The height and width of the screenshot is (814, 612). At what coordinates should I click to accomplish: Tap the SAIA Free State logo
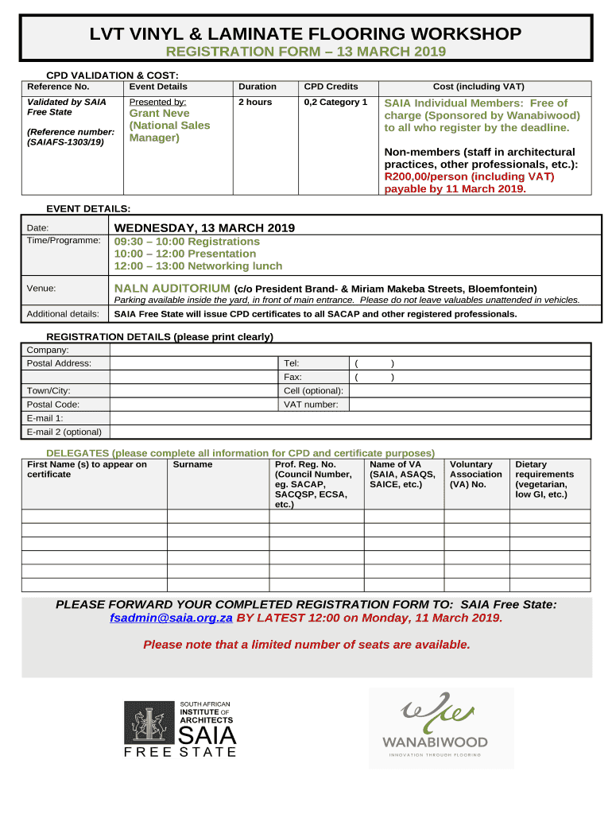(x=180, y=728)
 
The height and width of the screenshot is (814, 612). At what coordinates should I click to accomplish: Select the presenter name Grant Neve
(x=160, y=114)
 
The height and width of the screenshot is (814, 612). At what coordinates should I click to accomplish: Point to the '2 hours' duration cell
(x=255, y=103)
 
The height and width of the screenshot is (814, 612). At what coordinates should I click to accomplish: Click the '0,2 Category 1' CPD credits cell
(x=335, y=103)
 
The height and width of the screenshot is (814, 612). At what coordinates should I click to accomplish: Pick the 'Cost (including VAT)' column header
(x=478, y=87)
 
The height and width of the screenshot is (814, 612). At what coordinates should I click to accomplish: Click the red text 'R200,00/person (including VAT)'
(x=469, y=176)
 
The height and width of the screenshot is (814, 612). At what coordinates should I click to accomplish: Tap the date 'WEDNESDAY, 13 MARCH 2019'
(x=204, y=228)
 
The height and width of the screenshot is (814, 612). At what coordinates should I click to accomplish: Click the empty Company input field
(x=350, y=350)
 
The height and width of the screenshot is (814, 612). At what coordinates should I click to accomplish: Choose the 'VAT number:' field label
(x=311, y=405)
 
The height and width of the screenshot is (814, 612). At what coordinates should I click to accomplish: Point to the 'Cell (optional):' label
(x=313, y=391)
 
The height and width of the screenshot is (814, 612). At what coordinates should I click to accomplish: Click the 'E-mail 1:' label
(x=45, y=418)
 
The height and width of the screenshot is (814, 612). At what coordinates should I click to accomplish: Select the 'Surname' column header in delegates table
(x=193, y=464)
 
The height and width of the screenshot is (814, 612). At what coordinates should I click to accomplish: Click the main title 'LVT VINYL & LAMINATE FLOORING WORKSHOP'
(x=305, y=34)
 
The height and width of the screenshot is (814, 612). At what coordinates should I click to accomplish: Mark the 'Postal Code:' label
(x=53, y=405)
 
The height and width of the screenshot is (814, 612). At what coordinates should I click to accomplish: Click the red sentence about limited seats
(x=306, y=645)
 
